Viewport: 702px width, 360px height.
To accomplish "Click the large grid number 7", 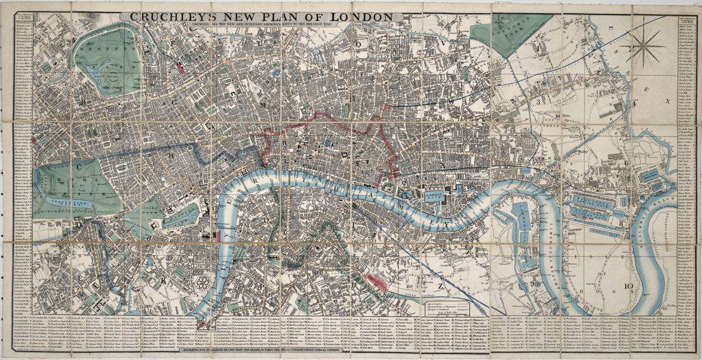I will tap(532, 224).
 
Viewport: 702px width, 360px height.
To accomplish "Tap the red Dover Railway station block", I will tap(376, 280).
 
